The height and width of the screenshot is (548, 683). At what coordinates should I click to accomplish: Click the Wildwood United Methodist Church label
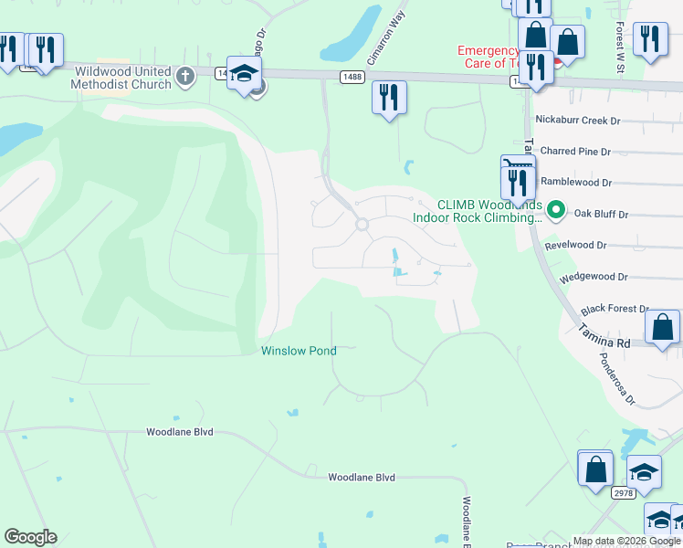(x=123, y=78)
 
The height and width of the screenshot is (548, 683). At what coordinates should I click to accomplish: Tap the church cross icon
(x=185, y=76)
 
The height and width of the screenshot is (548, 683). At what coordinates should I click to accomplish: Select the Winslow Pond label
(x=299, y=351)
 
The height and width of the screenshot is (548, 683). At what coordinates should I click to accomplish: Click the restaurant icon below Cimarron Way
(x=389, y=97)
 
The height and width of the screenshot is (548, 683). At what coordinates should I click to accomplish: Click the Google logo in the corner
(x=30, y=537)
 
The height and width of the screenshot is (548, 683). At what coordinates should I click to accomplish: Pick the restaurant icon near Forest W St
(x=649, y=38)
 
